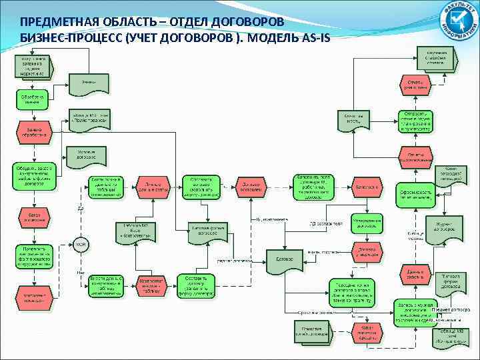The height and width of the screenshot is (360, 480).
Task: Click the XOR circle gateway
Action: [x=80, y=244]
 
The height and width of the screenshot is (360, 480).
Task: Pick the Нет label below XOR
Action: [x=81, y=272]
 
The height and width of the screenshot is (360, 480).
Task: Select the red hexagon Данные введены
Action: [x=417, y=273]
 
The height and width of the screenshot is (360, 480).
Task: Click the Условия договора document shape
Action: [x=83, y=155]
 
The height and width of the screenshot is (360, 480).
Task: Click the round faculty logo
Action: [x=455, y=21]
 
